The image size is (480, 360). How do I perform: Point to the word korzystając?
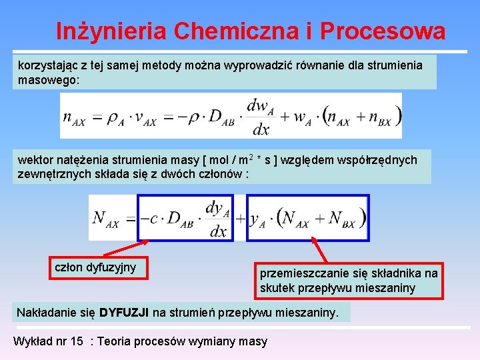49,65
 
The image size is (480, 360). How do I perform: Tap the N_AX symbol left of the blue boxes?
105,218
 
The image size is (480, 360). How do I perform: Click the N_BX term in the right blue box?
341,218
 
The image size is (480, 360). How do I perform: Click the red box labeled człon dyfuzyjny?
95,267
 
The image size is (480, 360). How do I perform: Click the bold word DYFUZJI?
124,312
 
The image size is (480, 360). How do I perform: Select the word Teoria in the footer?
116,341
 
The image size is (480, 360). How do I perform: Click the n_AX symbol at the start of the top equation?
74,117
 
